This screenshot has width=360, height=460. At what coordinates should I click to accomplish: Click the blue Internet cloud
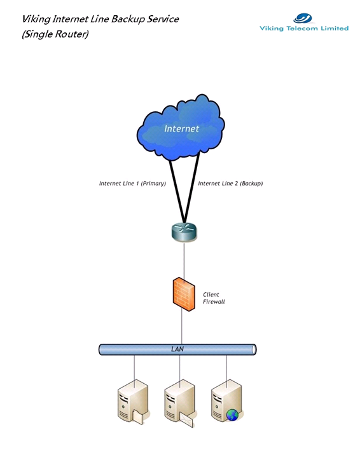tap(181, 128)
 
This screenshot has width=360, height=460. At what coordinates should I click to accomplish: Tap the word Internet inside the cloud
tap(181, 128)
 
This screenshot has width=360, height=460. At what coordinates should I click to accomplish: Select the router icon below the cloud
tap(184, 233)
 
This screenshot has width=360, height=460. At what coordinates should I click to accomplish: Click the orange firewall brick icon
tap(184, 294)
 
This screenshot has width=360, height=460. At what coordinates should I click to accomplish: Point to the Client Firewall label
tap(214, 298)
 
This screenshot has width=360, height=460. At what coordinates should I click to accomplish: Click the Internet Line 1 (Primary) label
tap(132, 184)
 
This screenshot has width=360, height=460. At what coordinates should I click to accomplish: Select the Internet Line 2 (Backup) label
tap(230, 184)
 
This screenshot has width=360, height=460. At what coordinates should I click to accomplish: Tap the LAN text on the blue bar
tap(177, 349)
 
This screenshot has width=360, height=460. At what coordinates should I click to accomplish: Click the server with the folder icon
tap(133, 402)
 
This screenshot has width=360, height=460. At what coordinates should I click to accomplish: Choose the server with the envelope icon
tap(179, 403)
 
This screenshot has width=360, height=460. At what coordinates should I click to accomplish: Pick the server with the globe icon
tap(226, 400)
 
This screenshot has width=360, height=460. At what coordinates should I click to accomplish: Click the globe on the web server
tap(233, 415)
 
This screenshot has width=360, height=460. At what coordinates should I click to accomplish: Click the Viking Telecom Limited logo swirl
tap(303, 18)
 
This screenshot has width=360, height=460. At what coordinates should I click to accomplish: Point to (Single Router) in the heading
tap(55, 34)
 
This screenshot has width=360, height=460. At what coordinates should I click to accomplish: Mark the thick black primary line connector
tap(177, 191)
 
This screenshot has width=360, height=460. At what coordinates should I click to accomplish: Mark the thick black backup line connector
tap(191, 188)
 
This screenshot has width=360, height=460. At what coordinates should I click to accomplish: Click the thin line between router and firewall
tap(184, 260)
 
